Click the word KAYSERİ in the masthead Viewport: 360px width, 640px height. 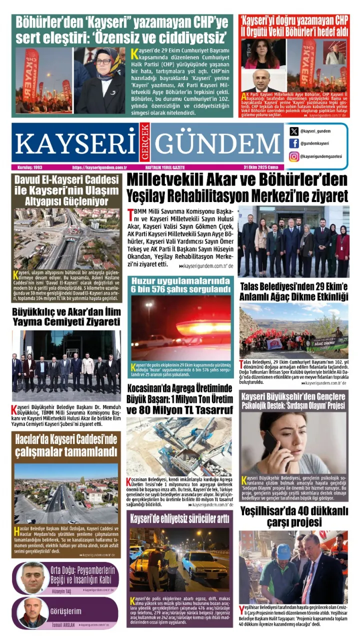coord(75,143)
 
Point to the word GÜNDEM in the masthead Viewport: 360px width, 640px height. coord(217,143)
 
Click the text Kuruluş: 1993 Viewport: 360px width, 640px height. coord(28,167)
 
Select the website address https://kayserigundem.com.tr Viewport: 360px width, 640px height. coord(99,167)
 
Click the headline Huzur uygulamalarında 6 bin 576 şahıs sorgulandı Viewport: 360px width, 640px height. coord(179,285)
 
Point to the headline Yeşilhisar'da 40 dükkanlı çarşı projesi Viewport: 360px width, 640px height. coord(293,516)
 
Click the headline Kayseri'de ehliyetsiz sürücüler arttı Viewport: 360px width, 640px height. coord(179,518)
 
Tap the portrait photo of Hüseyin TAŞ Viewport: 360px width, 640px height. coord(32,578)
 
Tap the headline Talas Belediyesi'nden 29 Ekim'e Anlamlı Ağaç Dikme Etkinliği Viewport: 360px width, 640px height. coord(293,292)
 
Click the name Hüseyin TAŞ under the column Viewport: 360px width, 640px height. coord(61,590)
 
